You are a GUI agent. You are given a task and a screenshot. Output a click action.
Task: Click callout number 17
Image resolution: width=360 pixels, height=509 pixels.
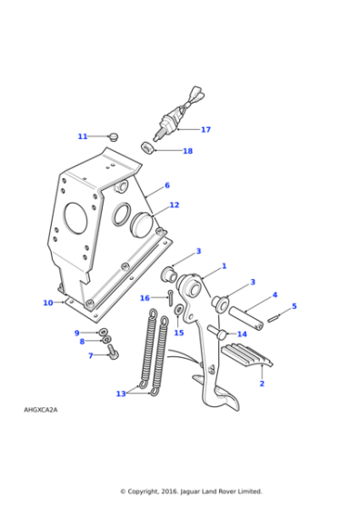click(205, 130)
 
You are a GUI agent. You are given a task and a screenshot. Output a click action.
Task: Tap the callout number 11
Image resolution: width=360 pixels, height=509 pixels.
click(83, 136)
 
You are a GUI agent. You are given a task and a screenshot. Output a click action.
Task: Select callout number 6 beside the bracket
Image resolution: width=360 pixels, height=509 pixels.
click(167, 185)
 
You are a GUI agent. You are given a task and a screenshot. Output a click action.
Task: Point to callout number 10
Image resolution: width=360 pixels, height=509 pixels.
click(48, 303)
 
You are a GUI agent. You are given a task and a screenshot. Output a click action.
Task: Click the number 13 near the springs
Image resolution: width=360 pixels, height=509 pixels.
click(121, 394)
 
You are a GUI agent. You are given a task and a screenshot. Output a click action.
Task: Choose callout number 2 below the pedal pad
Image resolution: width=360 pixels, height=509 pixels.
click(262, 384)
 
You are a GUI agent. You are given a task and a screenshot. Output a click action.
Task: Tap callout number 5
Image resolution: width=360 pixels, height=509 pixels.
click(294, 306)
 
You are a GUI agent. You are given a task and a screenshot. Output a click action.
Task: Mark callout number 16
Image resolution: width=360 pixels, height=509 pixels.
click(145, 298)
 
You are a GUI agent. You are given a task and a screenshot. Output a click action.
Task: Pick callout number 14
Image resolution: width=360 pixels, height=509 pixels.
click(242, 334)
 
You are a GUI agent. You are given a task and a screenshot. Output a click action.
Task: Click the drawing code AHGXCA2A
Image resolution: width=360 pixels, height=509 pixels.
click(40, 410)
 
